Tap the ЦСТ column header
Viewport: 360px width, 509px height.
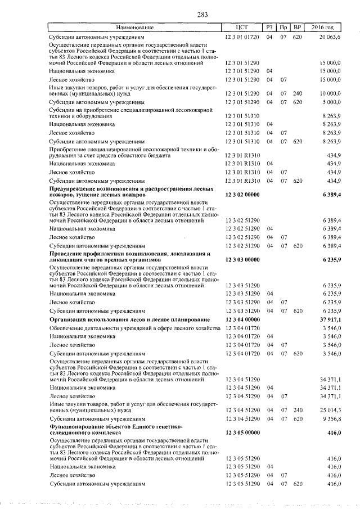coord(242,27)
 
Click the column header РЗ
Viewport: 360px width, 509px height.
coord(269,27)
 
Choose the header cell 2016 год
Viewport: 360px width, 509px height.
coord(325,27)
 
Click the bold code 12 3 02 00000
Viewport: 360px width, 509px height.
coord(242,194)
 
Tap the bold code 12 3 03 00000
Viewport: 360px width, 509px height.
coord(242,260)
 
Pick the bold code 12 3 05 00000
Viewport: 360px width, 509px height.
coord(242,433)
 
